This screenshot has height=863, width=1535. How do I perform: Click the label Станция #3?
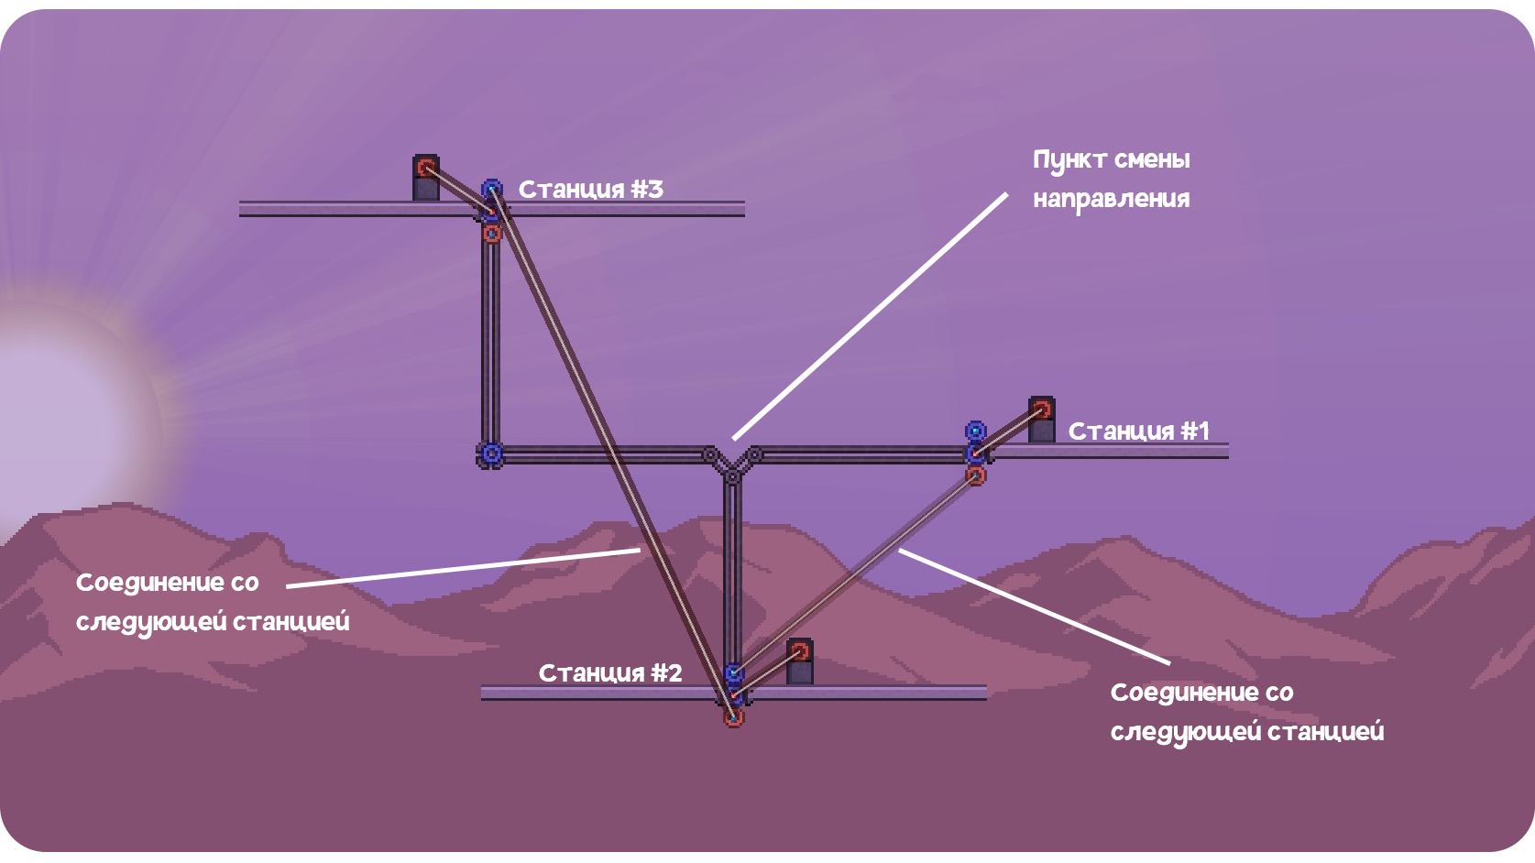pos(591,190)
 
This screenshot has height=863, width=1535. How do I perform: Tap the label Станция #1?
pos(1139,431)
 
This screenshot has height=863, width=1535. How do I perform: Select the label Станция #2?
pos(610,673)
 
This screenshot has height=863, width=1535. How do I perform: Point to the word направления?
pos(1112,200)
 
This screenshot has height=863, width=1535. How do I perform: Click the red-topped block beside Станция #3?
pos(425,178)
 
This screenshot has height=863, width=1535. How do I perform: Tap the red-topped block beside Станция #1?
pos(1042,420)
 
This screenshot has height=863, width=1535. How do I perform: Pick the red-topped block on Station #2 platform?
pos(800,661)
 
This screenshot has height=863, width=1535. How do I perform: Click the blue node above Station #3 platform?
pos(491,189)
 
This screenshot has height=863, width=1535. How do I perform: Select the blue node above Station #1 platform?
pos(976,431)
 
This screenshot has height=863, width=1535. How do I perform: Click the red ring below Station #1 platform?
pos(976,475)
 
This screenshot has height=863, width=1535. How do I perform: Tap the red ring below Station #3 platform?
pos(491,234)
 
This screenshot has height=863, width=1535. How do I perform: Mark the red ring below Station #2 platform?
pos(733,717)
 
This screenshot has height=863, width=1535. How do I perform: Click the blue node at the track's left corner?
pos(490,453)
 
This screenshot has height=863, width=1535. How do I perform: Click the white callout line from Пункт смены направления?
pos(870,316)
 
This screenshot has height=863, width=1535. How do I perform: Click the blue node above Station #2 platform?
pos(733,672)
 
